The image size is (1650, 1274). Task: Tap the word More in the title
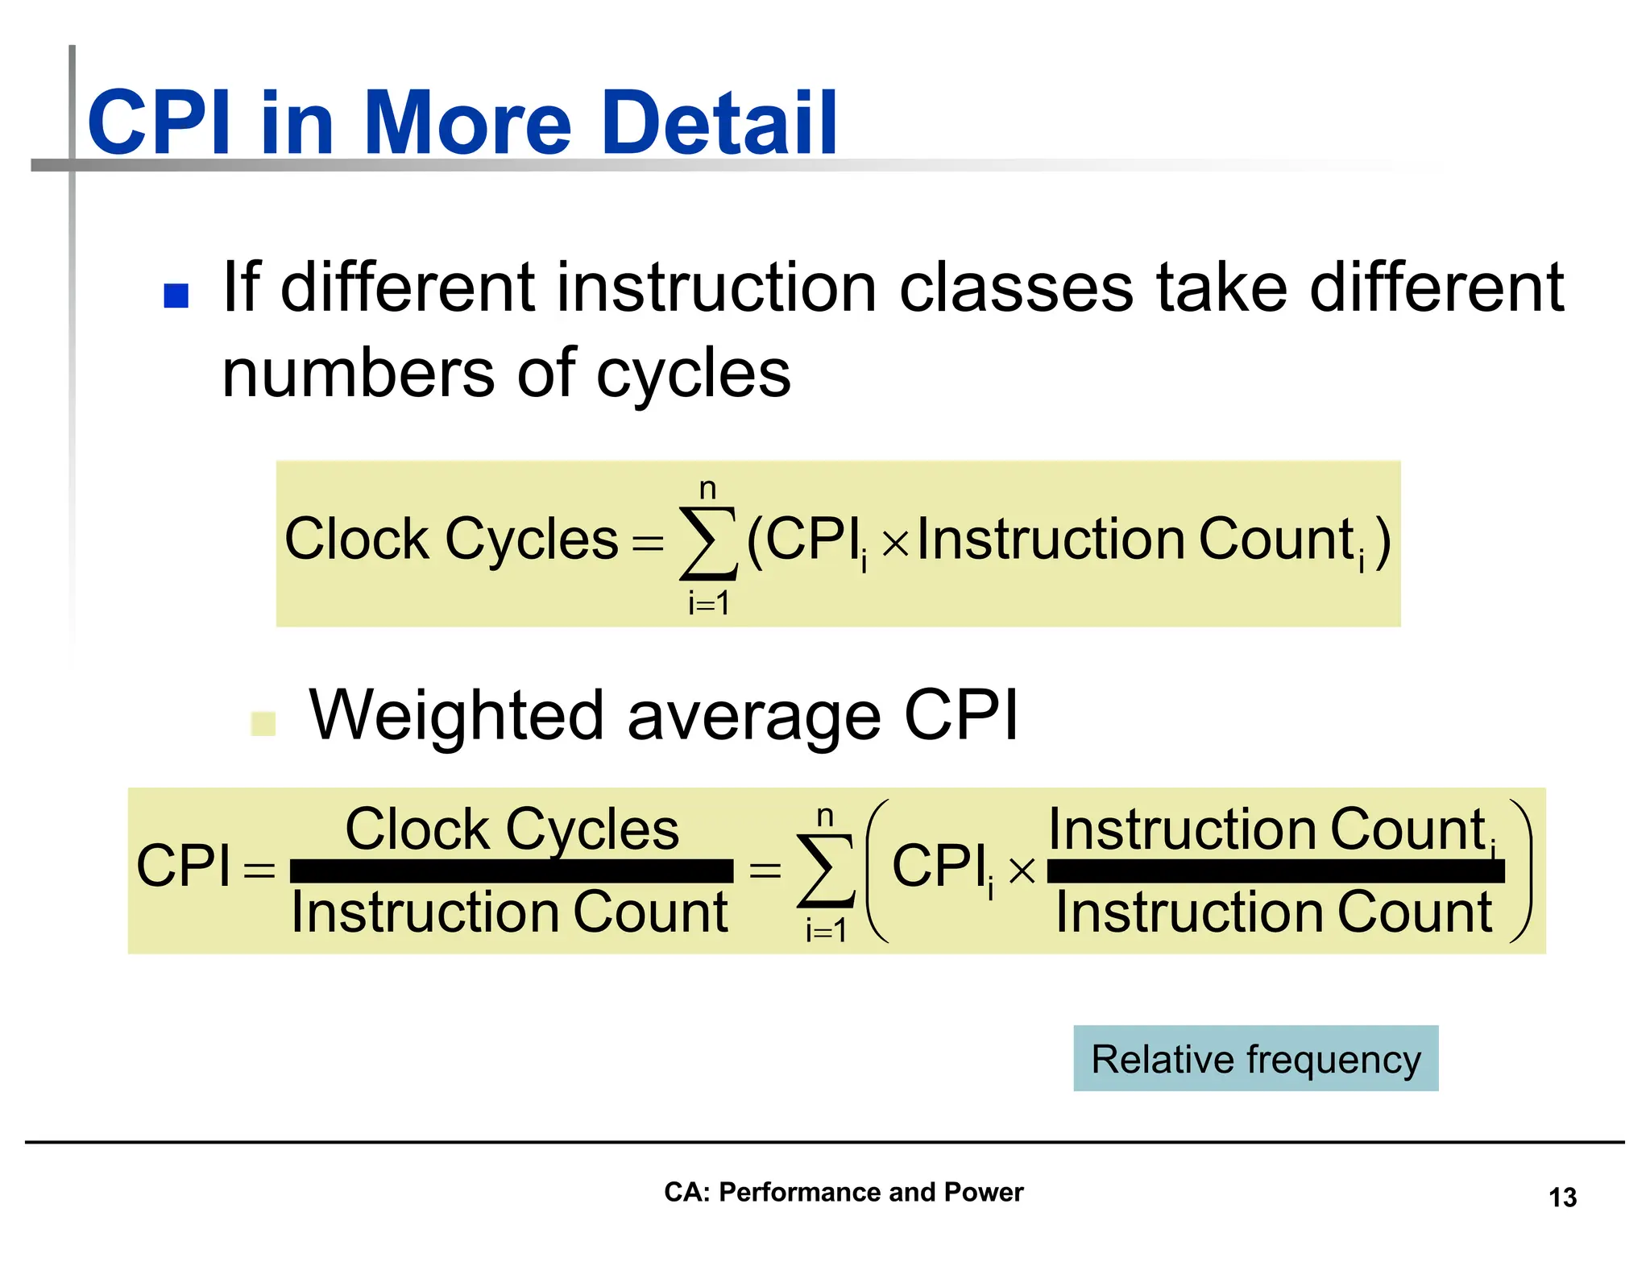click(467, 122)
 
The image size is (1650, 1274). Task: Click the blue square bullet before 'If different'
click(176, 296)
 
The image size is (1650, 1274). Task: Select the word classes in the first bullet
click(1016, 288)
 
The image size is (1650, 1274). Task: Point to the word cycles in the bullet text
click(693, 374)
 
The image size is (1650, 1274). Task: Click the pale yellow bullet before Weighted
click(263, 723)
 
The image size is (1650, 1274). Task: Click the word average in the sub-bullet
click(753, 717)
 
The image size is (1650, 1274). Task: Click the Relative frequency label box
click(1254, 1058)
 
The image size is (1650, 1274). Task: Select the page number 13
click(1561, 1197)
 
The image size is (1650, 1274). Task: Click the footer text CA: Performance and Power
click(843, 1192)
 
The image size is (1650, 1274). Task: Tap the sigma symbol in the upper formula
click(708, 543)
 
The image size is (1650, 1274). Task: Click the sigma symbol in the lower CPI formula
click(825, 871)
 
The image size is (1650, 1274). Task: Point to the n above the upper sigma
click(707, 489)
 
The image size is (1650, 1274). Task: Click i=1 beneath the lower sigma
click(825, 931)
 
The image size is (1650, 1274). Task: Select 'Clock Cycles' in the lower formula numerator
click(512, 829)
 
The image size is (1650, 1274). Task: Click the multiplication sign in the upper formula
click(894, 545)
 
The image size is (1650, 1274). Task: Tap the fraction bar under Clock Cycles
click(511, 871)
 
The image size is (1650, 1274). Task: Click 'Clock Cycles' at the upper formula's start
click(450, 540)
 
